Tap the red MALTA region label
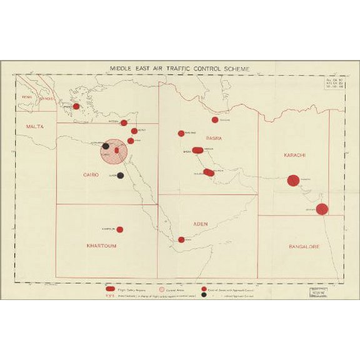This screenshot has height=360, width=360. coord(35,127)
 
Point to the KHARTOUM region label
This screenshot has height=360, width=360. coord(101,246)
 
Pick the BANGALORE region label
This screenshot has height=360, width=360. coord(304,246)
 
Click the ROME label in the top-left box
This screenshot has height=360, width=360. coord(27,97)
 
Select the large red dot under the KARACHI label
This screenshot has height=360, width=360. coord(293,181)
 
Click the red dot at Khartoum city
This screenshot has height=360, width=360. coord(119,229)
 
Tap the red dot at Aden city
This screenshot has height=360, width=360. coord(181,239)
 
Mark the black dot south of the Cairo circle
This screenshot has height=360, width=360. coord(121,176)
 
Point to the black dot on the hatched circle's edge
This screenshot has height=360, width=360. coord(106,146)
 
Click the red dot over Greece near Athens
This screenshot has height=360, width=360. coord(76,106)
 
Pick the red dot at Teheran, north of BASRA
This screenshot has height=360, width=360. coord(215,119)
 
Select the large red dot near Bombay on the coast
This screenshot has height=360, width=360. coord(322,209)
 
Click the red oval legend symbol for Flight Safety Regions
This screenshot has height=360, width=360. coord(110,289)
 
